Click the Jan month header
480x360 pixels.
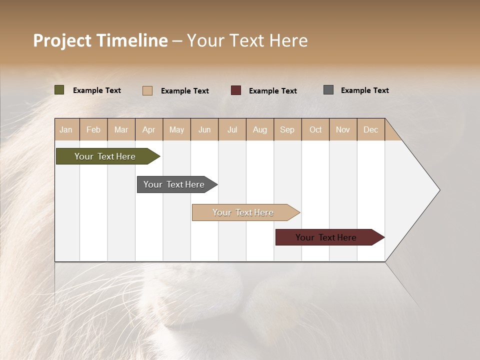pos(66,129)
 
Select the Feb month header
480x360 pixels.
pos(93,129)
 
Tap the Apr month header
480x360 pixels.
pos(148,129)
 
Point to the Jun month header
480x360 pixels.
pos(204,129)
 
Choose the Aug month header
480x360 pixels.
pos(259,129)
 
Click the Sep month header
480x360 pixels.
pos(287,129)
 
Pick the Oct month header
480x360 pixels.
pos(315,129)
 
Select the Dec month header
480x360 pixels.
pos(370,129)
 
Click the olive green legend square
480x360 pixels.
pos(59,90)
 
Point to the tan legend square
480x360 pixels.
pos(147,90)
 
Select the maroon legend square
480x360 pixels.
pos(236,90)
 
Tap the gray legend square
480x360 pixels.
pos(328,90)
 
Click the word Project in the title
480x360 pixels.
pos(61,40)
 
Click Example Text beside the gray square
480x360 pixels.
pos(364,90)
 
